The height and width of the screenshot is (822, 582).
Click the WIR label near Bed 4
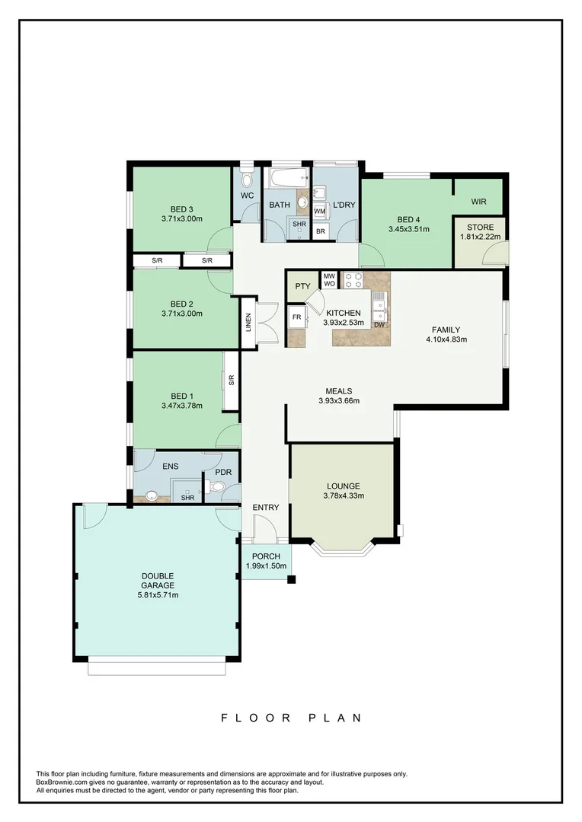(478, 202)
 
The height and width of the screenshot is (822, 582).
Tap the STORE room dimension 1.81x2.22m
(477, 237)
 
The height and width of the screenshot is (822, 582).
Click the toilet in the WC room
(246, 180)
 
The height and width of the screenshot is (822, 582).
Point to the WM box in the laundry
(320, 211)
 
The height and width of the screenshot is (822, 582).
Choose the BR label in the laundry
(321, 231)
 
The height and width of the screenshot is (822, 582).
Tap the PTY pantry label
(302, 286)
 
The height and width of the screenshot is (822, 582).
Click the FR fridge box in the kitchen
(296, 317)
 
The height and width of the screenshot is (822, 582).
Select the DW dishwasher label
(379, 326)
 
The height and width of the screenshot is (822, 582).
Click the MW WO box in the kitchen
(329, 280)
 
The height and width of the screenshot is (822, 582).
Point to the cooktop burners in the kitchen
(353, 280)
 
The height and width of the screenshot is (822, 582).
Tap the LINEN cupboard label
(248, 323)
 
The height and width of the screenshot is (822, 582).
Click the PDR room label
(222, 473)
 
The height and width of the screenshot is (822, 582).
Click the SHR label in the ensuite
(187, 498)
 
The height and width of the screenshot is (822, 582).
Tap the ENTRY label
(266, 508)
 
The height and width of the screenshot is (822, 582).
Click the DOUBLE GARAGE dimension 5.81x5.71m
(157, 595)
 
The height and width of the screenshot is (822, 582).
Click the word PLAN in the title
(335, 718)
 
